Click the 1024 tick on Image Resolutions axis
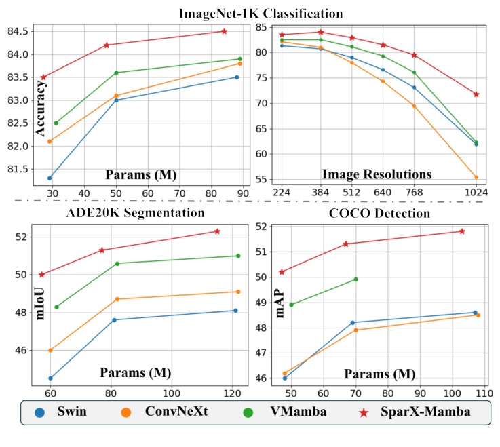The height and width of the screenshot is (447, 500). click(x=476, y=193)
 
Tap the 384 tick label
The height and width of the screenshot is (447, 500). click(x=321, y=193)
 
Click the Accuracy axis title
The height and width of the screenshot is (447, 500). click(x=41, y=109)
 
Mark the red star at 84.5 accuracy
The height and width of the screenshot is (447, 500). click(x=224, y=31)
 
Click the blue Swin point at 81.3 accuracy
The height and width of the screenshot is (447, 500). click(x=50, y=178)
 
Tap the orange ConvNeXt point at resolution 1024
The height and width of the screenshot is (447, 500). click(x=476, y=178)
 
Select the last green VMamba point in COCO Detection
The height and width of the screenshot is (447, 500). click(x=355, y=279)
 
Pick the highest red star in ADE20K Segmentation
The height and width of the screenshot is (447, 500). click(x=217, y=231)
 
